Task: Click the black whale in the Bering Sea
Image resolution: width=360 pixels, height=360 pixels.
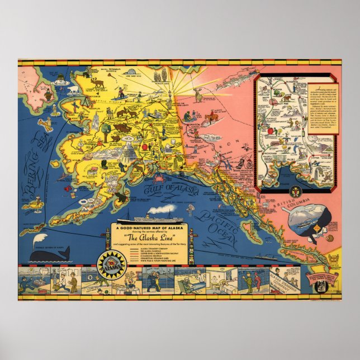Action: [47, 255]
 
